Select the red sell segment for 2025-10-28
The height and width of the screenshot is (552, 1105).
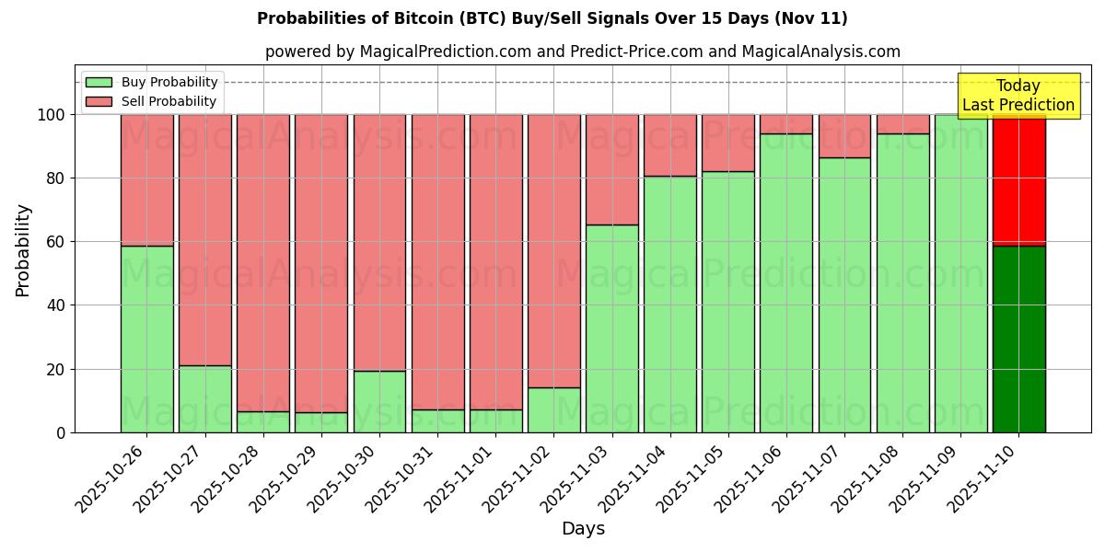point(263,262)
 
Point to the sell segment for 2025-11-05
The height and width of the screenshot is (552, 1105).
point(727,143)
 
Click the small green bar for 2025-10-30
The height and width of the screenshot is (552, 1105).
point(379,401)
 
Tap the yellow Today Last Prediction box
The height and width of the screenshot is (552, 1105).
point(1018,96)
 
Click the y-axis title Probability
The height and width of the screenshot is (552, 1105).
point(23,250)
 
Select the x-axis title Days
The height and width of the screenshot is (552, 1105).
point(583,529)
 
